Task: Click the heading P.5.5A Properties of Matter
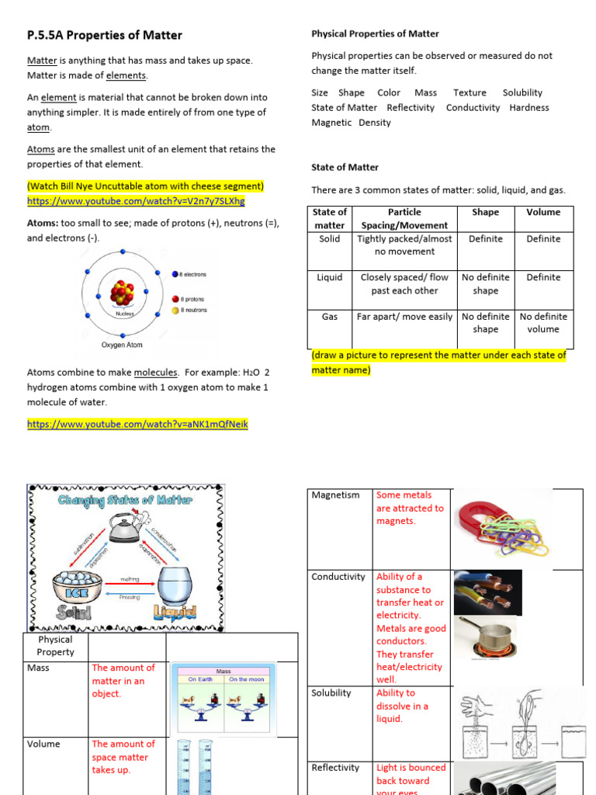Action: [105, 35]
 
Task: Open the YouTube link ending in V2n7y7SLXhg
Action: [136, 201]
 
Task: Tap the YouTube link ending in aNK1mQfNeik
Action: [138, 425]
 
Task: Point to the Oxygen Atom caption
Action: [122, 345]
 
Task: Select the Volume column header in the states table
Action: [543, 212]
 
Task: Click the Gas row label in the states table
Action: [330, 317]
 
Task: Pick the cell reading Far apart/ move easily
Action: [404, 317]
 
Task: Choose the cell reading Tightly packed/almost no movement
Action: [404, 245]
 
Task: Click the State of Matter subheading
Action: [345, 167]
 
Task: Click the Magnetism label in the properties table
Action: [335, 495]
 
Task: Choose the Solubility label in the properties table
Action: [331, 693]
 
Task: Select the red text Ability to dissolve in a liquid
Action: [402, 706]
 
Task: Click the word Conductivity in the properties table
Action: [338, 577]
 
